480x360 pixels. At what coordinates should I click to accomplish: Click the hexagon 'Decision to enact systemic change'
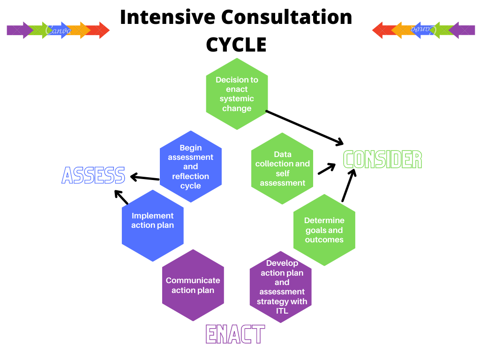click(237, 94)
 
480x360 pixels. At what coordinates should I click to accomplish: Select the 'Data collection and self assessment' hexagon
click(282, 168)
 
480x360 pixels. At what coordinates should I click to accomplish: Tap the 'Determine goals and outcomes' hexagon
click(324, 230)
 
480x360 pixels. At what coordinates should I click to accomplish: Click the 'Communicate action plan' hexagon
click(193, 285)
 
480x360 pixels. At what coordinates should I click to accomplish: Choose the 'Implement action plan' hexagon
click(152, 225)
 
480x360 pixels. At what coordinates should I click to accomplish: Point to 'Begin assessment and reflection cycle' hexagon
click(190, 166)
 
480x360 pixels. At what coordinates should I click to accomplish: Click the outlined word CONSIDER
click(382, 160)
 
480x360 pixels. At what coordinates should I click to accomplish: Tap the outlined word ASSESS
click(93, 175)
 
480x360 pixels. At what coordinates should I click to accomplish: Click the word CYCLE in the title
click(236, 45)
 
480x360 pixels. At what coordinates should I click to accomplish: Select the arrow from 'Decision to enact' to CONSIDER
click(305, 127)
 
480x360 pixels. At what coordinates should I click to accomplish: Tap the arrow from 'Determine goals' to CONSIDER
click(348, 186)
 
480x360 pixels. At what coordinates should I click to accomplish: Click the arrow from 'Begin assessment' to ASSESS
click(145, 177)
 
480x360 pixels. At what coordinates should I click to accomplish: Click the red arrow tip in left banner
click(103, 30)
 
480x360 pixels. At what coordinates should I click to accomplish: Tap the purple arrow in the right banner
click(462, 30)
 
